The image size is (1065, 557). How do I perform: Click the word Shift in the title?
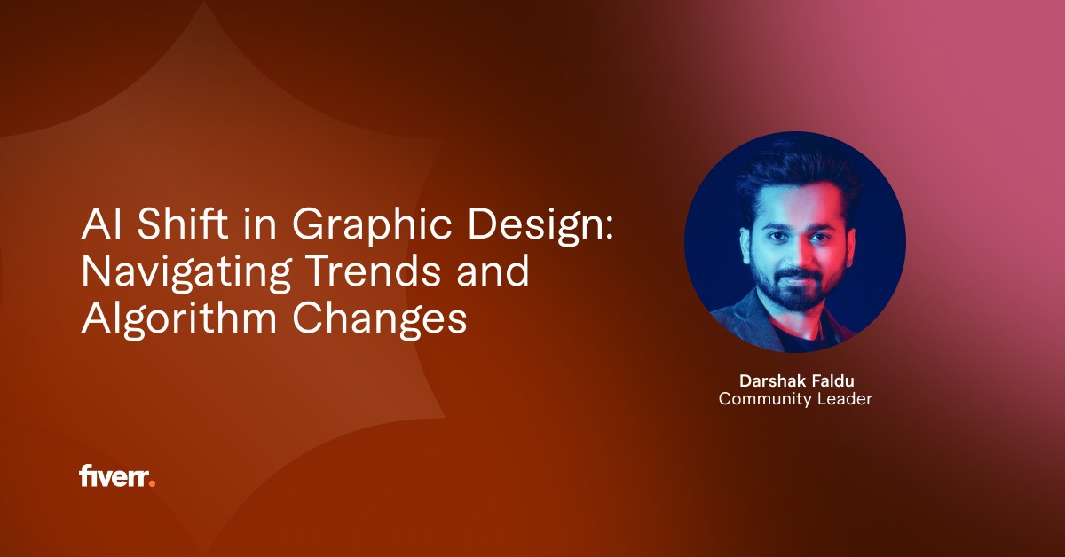183,224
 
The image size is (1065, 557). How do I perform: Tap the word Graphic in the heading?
371,227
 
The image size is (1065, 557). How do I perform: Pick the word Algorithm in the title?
178,319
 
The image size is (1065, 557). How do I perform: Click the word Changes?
380,319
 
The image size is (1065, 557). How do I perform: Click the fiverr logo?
117,476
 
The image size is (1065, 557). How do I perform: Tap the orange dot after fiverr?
152,483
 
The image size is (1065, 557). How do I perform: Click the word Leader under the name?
845,399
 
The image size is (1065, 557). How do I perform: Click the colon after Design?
609,228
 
